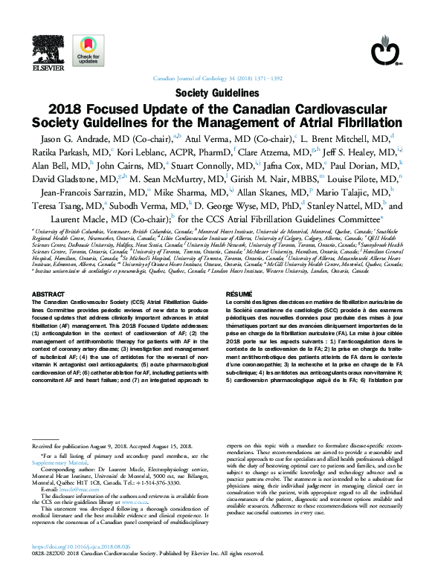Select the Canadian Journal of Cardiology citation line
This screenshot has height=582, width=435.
point(217,77)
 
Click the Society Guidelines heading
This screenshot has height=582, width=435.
point(217,94)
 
